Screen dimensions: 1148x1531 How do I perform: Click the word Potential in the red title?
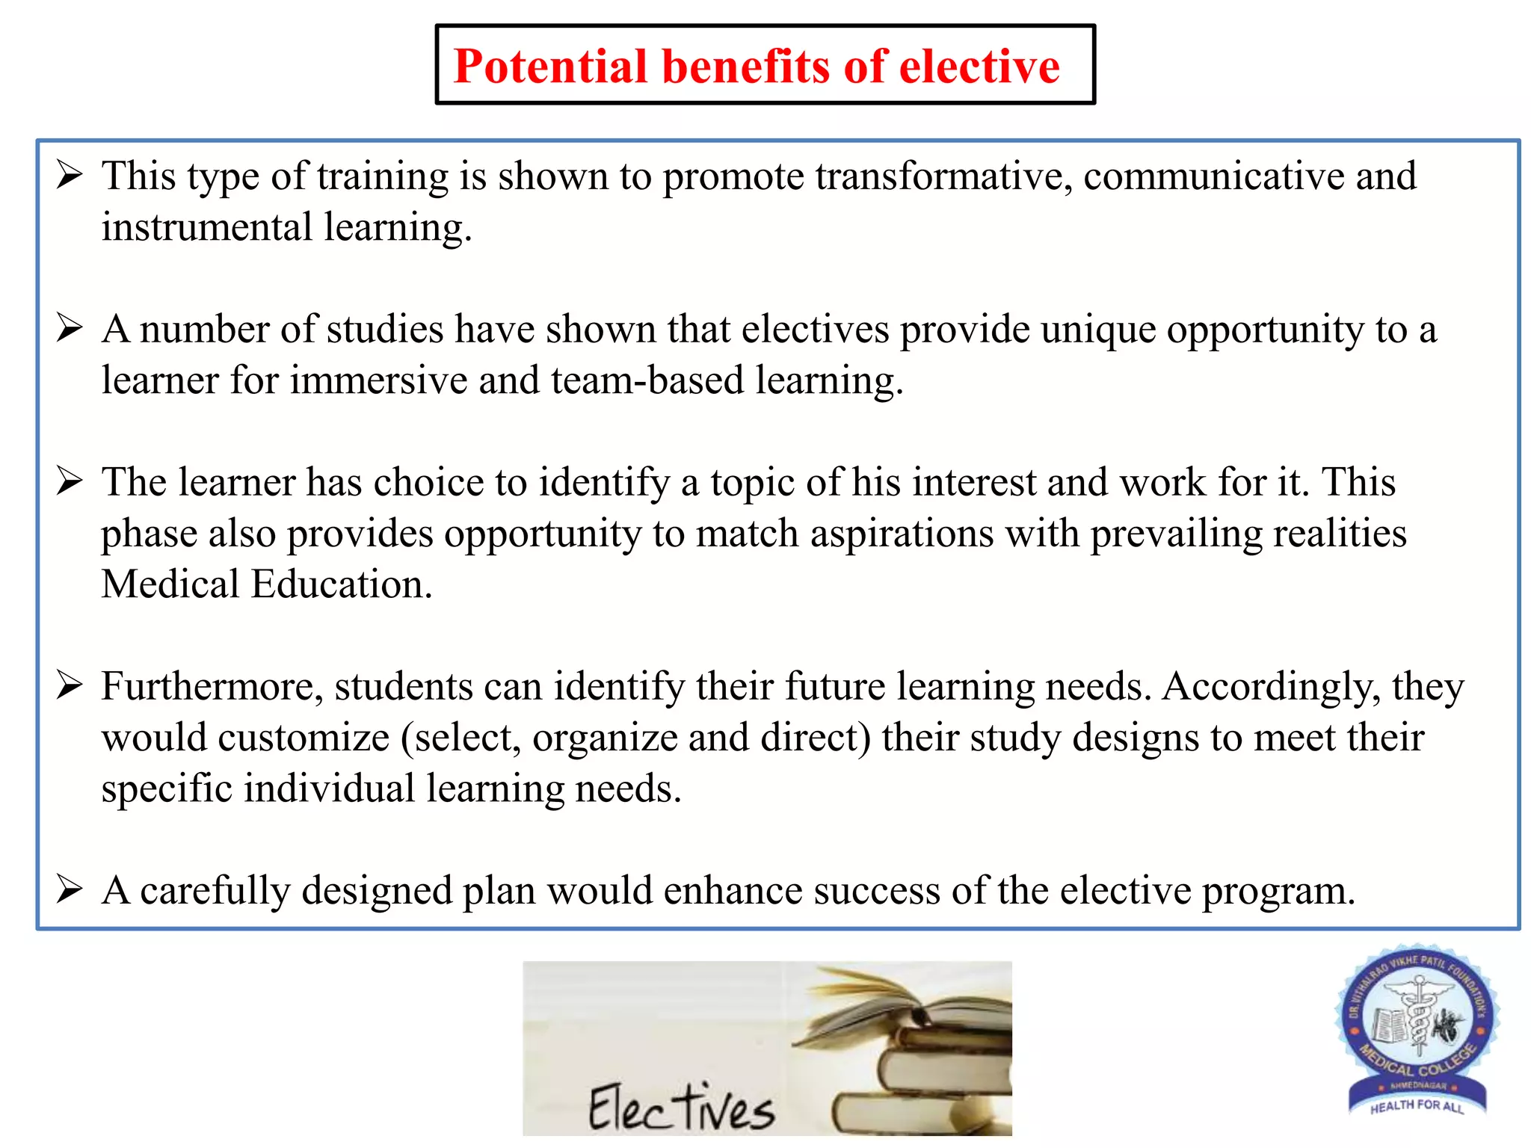coord(550,67)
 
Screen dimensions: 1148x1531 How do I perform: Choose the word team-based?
coord(647,380)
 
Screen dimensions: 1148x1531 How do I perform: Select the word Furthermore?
coord(212,687)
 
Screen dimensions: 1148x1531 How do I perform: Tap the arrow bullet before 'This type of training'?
coord(69,176)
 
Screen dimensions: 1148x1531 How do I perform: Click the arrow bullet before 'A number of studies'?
coord(69,328)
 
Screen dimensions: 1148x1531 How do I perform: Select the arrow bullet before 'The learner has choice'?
coord(69,481)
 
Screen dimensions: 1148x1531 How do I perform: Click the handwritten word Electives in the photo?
coord(681,1107)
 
